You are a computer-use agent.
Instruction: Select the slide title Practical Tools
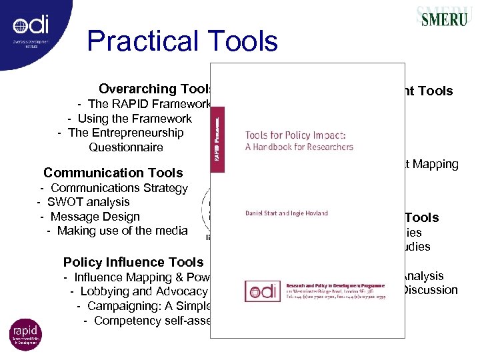(x=182, y=41)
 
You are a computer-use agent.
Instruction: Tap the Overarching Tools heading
(x=155, y=89)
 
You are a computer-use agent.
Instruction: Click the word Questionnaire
(x=125, y=147)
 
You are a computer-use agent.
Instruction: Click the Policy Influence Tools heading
(x=133, y=262)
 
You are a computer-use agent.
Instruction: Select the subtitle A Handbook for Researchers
(x=299, y=147)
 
